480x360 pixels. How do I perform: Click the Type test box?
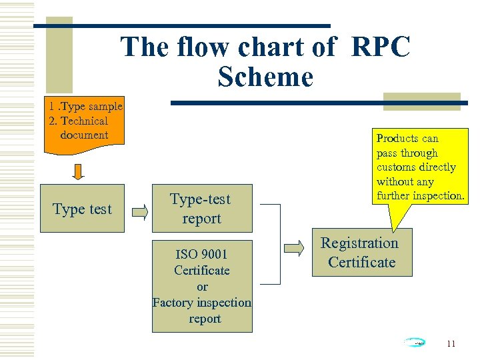[82, 209]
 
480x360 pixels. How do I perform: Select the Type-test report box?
[201, 208]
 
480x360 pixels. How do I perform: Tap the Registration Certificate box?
[360, 253]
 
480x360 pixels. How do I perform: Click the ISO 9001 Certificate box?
[202, 286]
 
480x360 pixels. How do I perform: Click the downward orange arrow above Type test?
[79, 171]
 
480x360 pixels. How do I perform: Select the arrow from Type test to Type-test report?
[139, 213]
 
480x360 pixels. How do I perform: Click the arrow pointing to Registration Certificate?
[294, 248]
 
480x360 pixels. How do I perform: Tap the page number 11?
[451, 344]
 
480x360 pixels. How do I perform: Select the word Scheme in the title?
[265, 77]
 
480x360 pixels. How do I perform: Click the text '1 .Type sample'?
[85, 106]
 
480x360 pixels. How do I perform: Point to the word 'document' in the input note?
[84, 135]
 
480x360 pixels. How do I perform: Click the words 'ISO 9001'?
[202, 254]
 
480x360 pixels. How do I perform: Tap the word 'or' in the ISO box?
[202, 286]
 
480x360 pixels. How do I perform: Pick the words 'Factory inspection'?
[202, 302]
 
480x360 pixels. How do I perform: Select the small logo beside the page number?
[415, 343]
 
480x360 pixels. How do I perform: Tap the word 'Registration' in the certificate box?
[359, 243]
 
